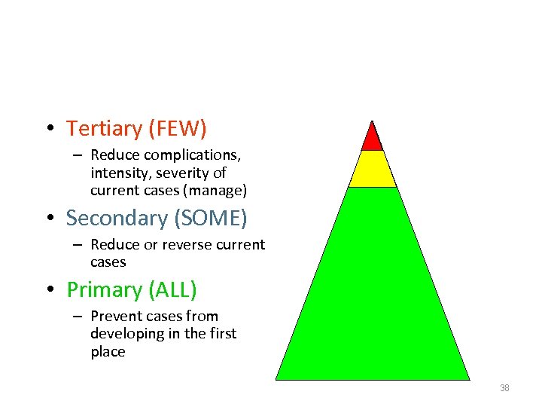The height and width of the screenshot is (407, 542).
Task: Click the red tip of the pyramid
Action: [372, 139]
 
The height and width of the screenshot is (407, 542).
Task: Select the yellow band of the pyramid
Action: [372, 170]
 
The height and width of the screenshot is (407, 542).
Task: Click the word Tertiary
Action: [104, 129]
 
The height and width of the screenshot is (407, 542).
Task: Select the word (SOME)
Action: [210, 219]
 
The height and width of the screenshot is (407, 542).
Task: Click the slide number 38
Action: [504, 388]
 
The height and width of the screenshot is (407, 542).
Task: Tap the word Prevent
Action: [117, 317]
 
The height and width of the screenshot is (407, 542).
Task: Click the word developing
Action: [126, 334]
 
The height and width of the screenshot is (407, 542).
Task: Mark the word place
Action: [108, 352]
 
